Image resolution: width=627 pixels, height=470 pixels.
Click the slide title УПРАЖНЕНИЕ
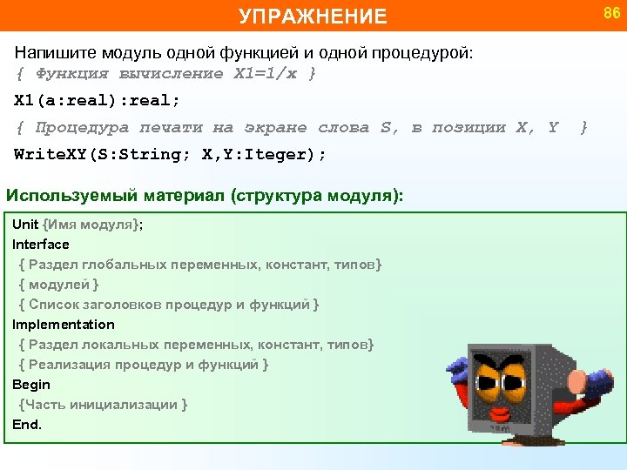tap(313, 17)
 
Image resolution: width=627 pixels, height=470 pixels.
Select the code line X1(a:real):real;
tap(97, 99)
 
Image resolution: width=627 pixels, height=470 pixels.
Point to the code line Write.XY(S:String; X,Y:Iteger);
tap(170, 155)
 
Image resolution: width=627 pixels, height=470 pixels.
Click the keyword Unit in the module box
tap(25, 225)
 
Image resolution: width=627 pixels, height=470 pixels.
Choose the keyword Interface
tap(41, 245)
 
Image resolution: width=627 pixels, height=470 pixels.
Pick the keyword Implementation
tap(64, 325)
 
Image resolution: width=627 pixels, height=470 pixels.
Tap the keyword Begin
tap(31, 385)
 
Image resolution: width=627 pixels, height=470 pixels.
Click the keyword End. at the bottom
tap(27, 425)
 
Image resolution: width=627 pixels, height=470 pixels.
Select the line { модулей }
tap(58, 285)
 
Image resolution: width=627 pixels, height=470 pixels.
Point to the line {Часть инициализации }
tap(103, 405)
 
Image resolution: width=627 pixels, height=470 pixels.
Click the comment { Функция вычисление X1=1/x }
tap(165, 74)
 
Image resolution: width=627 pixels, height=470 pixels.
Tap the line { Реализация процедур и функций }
tap(144, 365)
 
